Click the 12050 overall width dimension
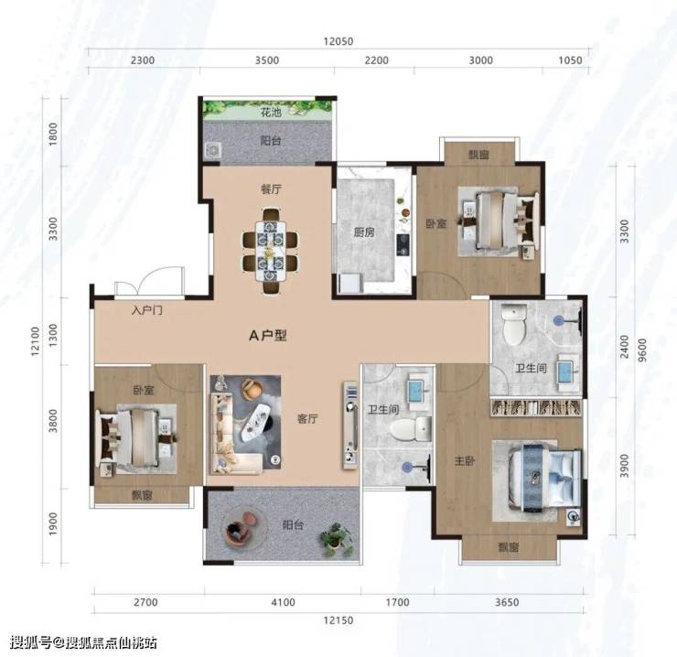point(338,41)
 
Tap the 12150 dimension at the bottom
point(338,620)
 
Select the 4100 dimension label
point(283,602)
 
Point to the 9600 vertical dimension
point(642,350)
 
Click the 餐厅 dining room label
point(271,189)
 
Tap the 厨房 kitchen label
point(364,232)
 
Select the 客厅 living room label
point(307,418)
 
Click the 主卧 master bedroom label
point(465,461)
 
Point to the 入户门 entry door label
point(147,310)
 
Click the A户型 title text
point(268,335)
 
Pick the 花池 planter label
point(271,113)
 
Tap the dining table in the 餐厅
point(270,251)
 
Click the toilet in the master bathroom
point(515,324)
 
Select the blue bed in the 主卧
point(544,479)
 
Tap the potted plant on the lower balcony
point(337,539)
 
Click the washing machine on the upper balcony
point(212,150)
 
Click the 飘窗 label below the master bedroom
point(509,547)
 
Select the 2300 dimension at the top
point(143,60)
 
